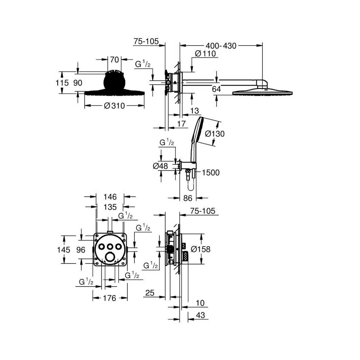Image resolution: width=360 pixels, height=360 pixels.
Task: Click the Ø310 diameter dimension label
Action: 114,106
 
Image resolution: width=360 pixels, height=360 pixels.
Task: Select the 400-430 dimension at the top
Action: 221,46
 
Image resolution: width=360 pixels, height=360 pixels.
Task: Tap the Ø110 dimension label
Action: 205,54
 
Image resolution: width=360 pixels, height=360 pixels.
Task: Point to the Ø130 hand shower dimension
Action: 215,134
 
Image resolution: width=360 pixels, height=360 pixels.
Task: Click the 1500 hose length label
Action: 211,173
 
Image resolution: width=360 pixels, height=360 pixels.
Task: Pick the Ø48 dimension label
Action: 160,166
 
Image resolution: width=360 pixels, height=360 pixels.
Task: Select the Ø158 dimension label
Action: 201,249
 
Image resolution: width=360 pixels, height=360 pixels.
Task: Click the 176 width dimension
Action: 110,298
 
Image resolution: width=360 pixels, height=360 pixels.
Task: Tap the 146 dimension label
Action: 110,197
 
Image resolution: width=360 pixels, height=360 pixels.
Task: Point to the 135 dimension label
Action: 110,207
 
